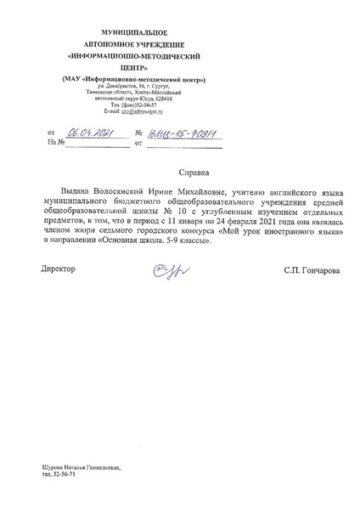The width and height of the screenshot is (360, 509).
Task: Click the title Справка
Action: tap(195, 171)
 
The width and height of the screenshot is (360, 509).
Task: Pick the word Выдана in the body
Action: tap(77, 194)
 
